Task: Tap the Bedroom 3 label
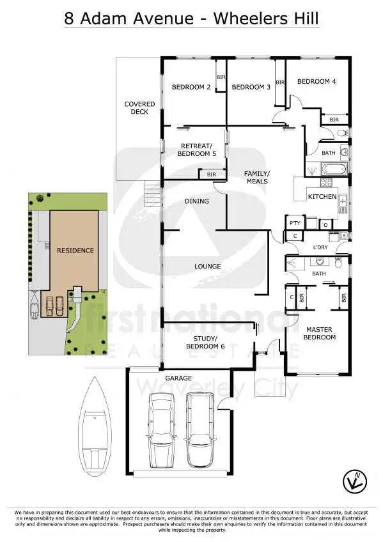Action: point(251,87)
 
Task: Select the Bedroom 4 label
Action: point(316,81)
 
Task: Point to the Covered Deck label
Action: point(136,108)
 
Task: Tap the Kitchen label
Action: point(322,196)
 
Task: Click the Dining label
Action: point(196,201)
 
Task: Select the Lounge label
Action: point(208,266)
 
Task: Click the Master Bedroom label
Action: point(320,333)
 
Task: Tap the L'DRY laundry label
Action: point(320,247)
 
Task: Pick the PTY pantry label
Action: point(295,222)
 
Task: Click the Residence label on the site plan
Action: point(75,251)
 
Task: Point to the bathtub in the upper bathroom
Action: point(332,169)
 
